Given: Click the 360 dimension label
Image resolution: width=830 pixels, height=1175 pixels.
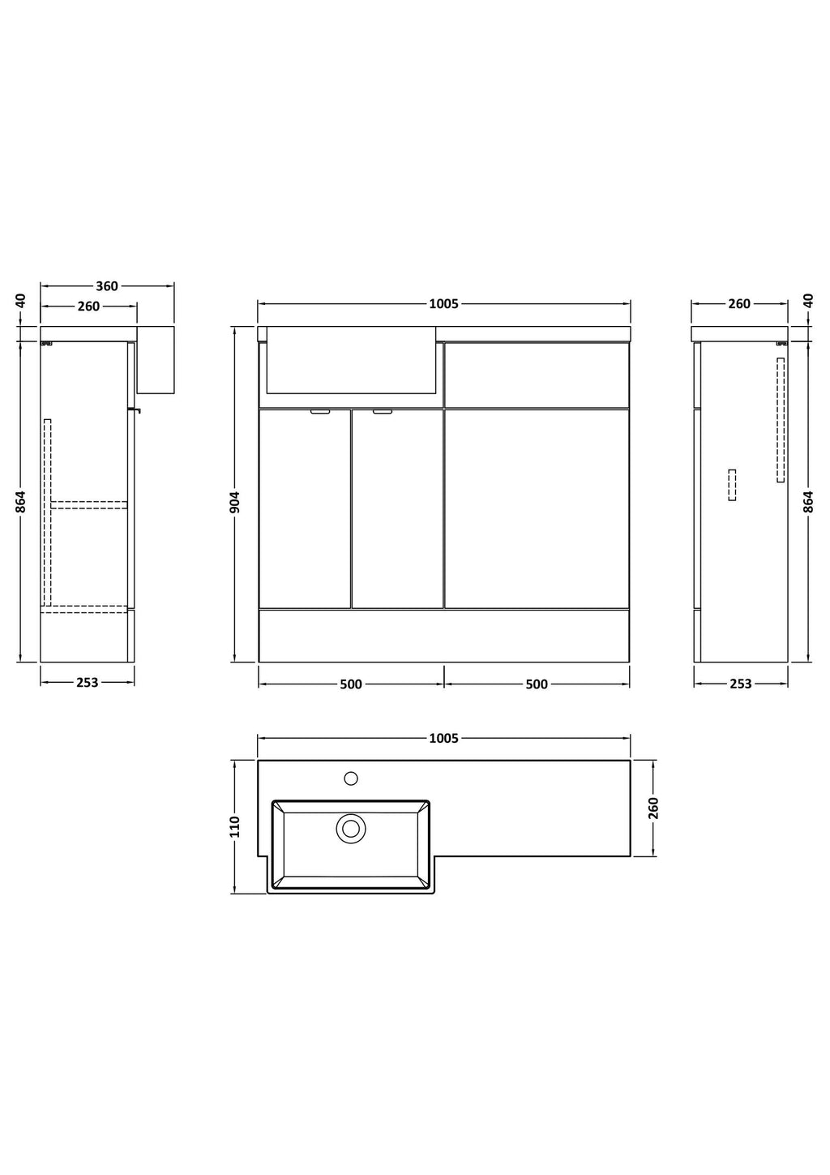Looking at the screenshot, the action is [x=107, y=286].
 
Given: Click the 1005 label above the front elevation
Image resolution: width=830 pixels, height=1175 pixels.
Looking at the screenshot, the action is [x=443, y=304].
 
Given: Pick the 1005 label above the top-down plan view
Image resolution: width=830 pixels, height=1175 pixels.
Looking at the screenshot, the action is [x=443, y=739].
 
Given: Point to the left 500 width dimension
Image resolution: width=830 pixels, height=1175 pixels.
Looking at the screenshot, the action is [x=351, y=684].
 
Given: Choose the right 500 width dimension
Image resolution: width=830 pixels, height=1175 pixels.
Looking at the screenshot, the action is [x=537, y=684].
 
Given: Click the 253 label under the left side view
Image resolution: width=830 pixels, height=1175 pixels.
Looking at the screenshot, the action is [x=88, y=683].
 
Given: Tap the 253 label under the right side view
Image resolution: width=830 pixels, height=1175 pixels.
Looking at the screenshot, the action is [x=740, y=684].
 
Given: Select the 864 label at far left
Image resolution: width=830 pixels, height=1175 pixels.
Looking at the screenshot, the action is [x=20, y=502].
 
